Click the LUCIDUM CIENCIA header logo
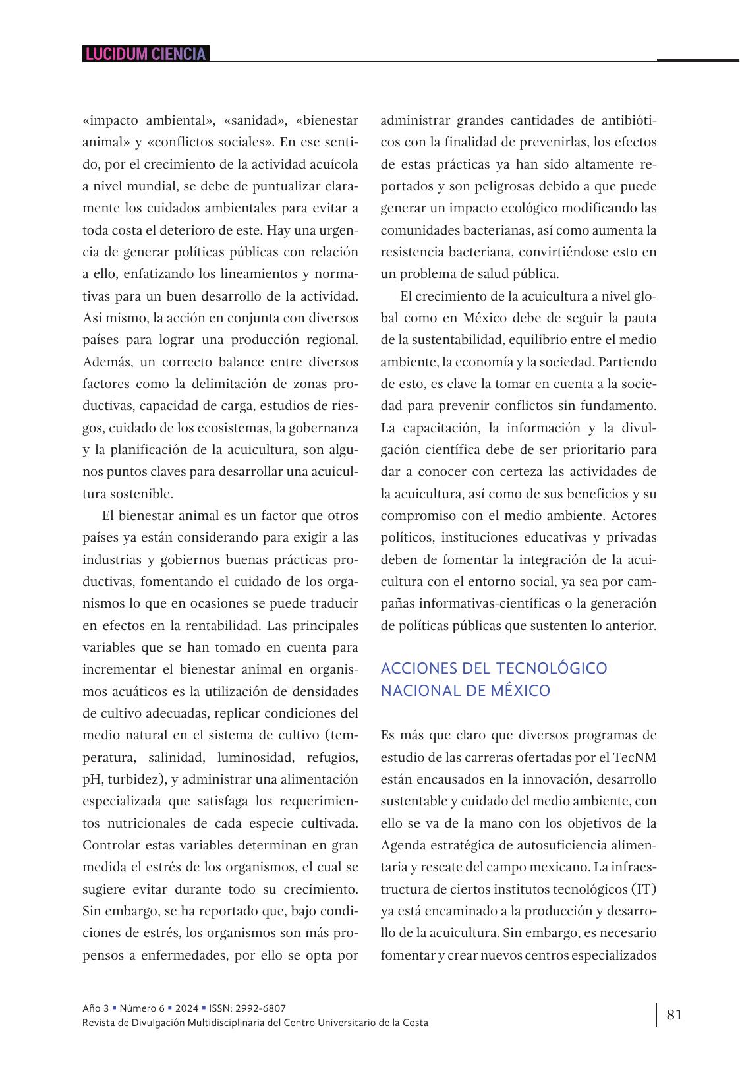146,54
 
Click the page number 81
675,1014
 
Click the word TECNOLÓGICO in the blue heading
552,668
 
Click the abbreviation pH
92,779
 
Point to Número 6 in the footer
142,1008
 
